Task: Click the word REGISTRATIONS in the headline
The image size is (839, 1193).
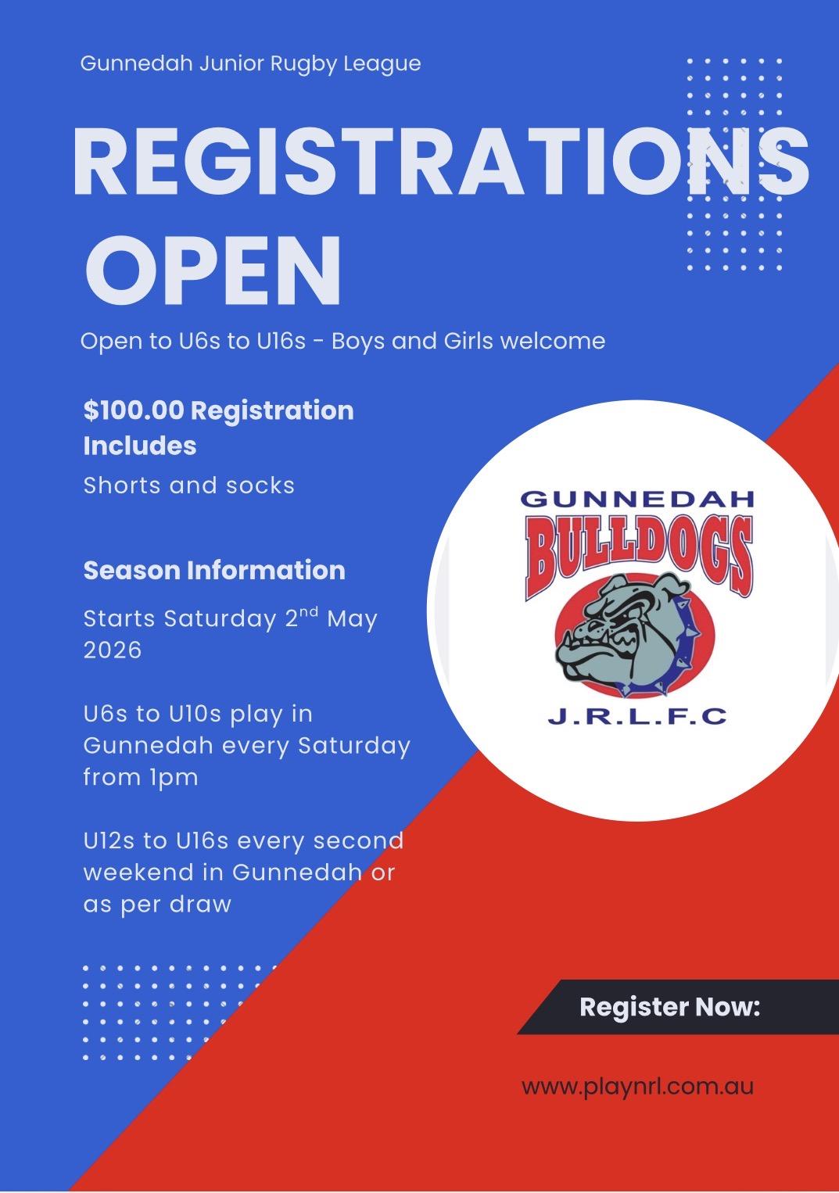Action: [440, 162]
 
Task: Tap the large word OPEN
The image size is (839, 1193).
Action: [213, 270]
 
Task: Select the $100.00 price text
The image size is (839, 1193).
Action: [134, 410]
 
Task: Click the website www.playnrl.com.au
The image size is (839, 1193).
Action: [637, 1072]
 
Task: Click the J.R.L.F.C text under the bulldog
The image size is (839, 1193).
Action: [637, 716]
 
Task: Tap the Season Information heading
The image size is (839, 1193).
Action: [214, 571]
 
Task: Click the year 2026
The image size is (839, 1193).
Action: [113, 650]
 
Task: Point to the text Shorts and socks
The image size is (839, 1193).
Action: [188, 485]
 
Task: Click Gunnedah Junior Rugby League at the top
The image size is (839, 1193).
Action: [250, 64]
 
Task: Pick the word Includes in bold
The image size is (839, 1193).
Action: [139, 446]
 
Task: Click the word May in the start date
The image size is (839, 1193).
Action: [352, 620]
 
